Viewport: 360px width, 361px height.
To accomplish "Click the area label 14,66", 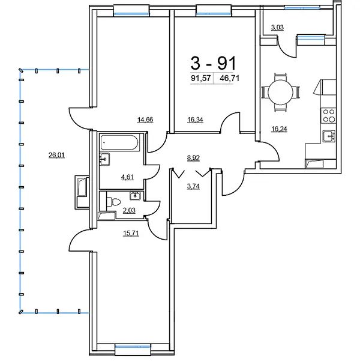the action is (x=145, y=120).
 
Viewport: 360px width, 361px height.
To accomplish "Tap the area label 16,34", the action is (x=195, y=120).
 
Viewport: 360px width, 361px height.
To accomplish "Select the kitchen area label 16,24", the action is (x=279, y=129).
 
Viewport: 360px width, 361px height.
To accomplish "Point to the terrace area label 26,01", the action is (x=56, y=155).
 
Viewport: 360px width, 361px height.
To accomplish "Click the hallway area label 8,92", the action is (x=193, y=158).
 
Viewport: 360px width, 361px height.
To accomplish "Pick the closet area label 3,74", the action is (x=193, y=186).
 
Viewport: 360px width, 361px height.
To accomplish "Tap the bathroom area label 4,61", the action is (x=127, y=177).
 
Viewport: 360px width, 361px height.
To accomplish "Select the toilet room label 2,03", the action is (x=129, y=210).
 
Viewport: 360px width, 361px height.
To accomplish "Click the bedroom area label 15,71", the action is (x=131, y=234).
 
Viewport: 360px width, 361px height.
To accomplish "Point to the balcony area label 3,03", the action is (x=277, y=28).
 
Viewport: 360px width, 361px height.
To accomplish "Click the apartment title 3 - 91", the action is (x=213, y=63).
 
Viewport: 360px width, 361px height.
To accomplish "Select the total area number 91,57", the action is (x=201, y=78).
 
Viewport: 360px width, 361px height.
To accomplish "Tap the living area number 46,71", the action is (x=230, y=78).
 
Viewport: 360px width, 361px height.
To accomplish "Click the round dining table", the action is (x=281, y=93).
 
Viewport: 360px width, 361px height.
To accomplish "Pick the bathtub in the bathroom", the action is (x=119, y=143).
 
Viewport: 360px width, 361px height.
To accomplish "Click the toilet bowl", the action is (x=113, y=202).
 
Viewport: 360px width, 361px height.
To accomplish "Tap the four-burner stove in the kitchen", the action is (x=329, y=115).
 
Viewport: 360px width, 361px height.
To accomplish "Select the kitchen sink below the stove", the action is (x=329, y=136).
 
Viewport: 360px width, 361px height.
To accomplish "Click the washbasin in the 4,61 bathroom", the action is (x=104, y=159).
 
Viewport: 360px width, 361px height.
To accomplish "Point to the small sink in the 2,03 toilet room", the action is (x=135, y=196).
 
